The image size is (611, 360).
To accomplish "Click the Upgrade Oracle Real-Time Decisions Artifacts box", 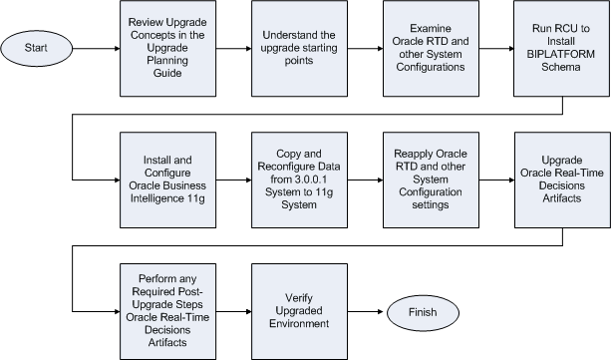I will pos(556,178).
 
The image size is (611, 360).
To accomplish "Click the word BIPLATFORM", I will pos(556,58).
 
